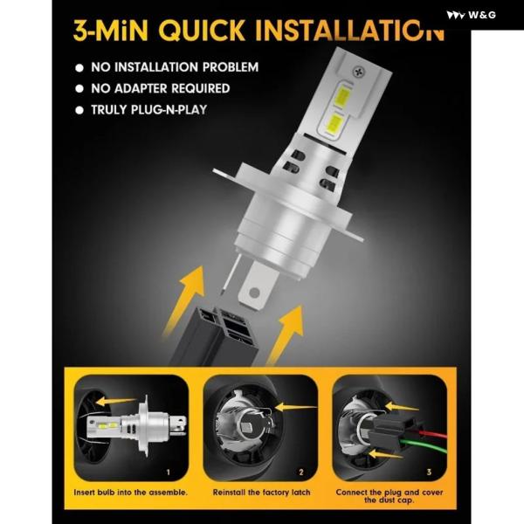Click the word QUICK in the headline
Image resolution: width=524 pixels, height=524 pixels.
click(202, 31)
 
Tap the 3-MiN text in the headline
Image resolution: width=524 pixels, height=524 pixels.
click(111, 31)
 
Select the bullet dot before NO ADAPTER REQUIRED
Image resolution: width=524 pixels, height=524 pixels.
click(79, 88)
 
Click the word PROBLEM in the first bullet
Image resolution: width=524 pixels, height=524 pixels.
click(231, 67)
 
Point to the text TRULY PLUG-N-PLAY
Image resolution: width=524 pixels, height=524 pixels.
click(149, 110)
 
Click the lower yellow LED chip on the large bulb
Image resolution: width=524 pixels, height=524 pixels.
click(332, 123)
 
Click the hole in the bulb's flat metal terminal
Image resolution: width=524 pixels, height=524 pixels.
click(254, 293)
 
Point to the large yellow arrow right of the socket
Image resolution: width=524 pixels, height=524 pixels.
click(286, 334)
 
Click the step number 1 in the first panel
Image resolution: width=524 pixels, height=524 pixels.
click(168, 472)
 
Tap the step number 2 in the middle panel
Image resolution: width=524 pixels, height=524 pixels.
click(301, 472)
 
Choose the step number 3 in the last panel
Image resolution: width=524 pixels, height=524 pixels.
click(429, 472)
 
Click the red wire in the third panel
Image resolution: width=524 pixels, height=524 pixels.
click(433, 434)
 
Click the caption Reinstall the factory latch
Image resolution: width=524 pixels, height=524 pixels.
click(262, 493)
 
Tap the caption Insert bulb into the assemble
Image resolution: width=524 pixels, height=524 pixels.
click(131, 493)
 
